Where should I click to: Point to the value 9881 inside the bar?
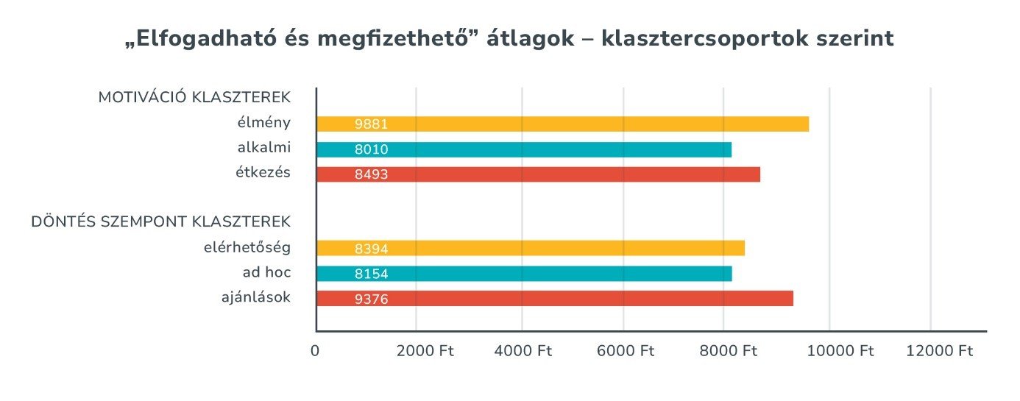371,124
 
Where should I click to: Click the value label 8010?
371,150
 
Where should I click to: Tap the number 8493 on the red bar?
371,175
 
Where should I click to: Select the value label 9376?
371,299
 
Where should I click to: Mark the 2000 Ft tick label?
425,351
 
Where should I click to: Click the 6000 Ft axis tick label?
626,351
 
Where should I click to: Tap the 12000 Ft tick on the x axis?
940,351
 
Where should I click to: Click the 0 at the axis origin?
315,351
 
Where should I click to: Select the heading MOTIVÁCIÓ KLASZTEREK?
194,98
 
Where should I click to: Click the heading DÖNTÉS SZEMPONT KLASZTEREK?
160,222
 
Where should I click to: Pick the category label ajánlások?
256,297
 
